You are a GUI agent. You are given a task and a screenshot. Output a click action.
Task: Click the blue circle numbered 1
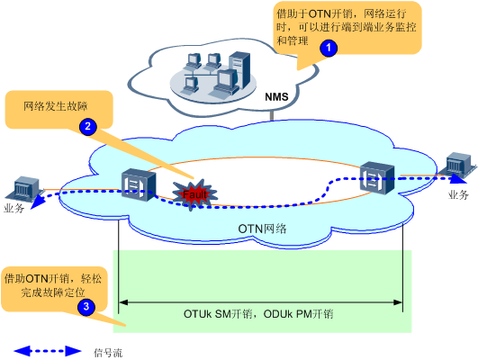pos(329,48)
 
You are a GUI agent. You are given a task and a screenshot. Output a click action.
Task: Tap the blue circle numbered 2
pos(88,127)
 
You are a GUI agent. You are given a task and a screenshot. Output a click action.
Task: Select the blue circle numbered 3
pos(86,306)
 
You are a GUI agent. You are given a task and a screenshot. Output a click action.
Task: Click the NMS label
pos(276,97)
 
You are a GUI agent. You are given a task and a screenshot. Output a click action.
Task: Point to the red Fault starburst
pos(194,194)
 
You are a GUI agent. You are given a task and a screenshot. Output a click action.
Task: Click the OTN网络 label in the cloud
pos(262,229)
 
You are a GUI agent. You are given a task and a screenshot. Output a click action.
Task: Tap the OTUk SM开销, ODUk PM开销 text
pos(258,314)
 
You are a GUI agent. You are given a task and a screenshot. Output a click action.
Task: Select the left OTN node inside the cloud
pos(139,185)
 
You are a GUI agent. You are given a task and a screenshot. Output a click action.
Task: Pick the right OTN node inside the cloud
pos(377,177)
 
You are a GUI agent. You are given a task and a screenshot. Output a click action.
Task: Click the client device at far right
pos(461,165)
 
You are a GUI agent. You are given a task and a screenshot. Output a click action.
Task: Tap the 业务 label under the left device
pos(14,208)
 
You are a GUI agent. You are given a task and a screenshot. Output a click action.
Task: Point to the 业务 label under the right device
pos(458,194)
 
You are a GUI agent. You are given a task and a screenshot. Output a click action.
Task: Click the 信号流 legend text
pos(108,353)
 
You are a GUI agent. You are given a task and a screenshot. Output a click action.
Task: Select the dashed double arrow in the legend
pos(48,351)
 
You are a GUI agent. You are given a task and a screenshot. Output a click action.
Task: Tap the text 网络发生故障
pos(56,106)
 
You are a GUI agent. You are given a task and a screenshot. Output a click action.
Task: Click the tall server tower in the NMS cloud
pos(239,70)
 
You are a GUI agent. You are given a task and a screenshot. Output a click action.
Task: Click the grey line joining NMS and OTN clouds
pos(271,115)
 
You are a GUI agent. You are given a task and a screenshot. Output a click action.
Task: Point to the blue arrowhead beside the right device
pos(459,178)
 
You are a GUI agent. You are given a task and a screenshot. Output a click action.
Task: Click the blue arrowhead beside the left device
pos(38,203)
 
